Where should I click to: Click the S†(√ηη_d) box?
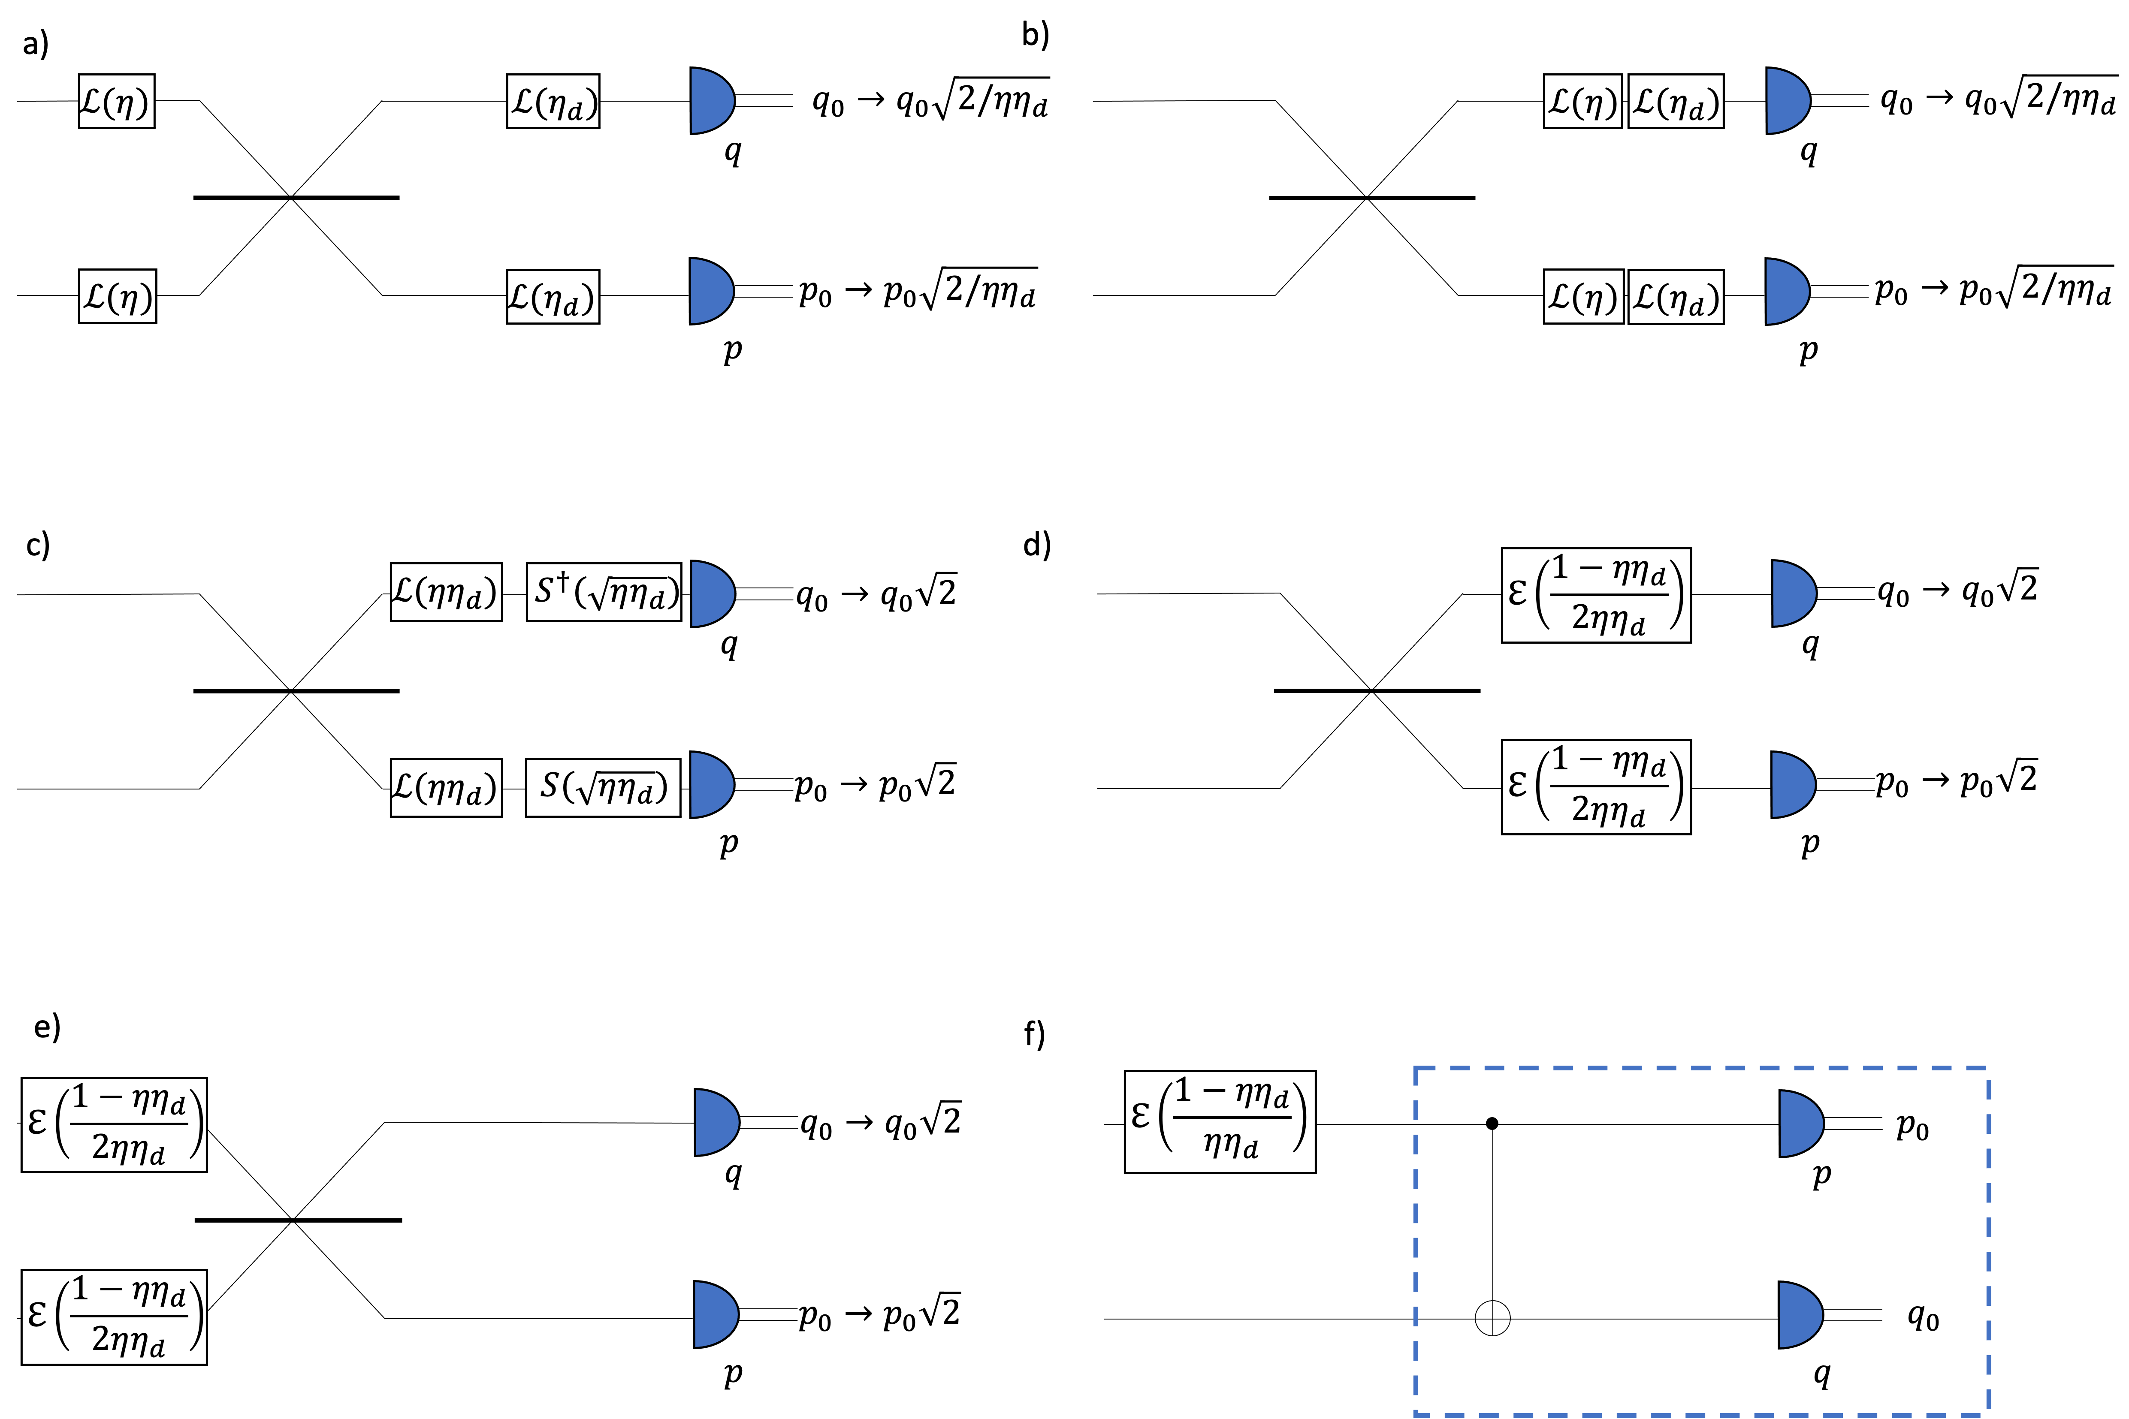(x=604, y=593)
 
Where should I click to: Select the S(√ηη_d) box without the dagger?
(x=603, y=787)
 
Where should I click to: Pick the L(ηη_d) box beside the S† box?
(x=445, y=593)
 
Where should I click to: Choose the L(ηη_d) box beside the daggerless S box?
(x=445, y=787)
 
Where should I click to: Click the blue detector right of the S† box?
(x=712, y=594)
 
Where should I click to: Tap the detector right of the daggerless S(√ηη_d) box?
(x=710, y=785)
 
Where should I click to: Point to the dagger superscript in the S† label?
(x=563, y=580)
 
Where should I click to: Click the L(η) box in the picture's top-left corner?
(x=116, y=101)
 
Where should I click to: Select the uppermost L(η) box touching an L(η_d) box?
(x=1582, y=101)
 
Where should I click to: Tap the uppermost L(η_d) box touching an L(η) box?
(x=1676, y=101)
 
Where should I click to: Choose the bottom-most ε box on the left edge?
(x=114, y=1317)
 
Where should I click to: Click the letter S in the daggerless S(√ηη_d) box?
(x=550, y=785)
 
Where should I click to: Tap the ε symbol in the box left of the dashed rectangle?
(x=1141, y=1116)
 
